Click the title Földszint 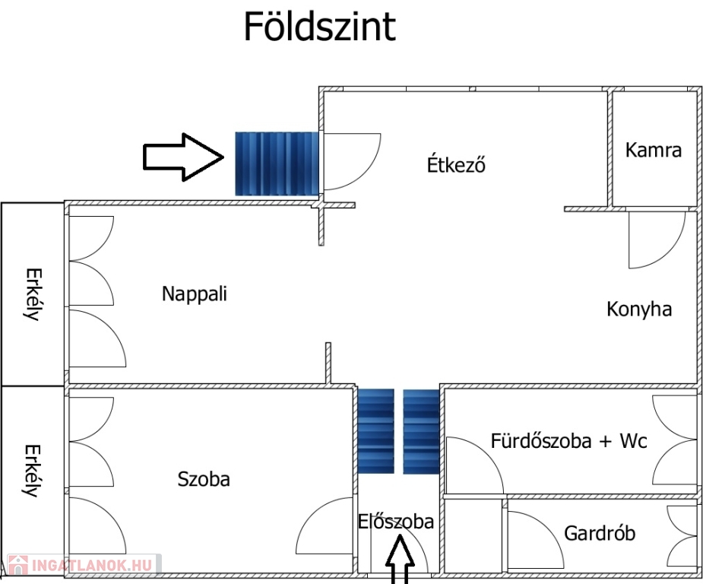click(319, 27)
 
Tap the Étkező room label click(456, 164)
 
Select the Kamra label click(654, 150)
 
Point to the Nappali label click(195, 294)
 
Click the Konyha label click(639, 309)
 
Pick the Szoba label click(204, 479)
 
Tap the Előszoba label click(396, 522)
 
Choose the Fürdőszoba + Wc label click(569, 440)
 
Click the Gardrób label click(600, 533)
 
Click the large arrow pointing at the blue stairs click(183, 157)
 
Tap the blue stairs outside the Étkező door click(277, 163)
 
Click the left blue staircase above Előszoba click(376, 430)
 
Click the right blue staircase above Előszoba click(421, 430)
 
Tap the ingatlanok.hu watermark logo click(81, 565)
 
